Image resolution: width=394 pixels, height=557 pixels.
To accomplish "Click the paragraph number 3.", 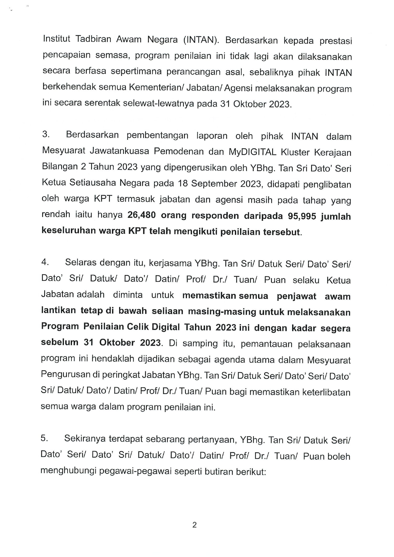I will (x=46, y=135).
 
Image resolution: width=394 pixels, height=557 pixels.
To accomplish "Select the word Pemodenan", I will (x=178, y=151).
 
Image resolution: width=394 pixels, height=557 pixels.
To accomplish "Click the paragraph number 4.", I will (x=45, y=262).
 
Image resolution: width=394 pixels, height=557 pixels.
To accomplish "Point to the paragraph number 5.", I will (x=44, y=438).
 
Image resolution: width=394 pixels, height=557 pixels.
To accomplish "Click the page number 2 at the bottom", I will (x=195, y=525).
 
